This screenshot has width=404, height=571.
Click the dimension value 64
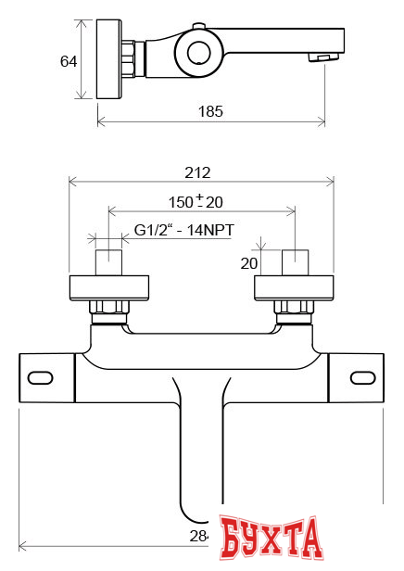(68, 61)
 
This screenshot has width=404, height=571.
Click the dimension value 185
(211, 111)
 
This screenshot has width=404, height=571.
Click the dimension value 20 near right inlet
(249, 262)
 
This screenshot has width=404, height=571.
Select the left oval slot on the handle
(42, 378)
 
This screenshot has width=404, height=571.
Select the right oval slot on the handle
(360, 378)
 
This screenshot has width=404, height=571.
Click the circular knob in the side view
(198, 52)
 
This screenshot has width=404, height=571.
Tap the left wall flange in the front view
(108, 286)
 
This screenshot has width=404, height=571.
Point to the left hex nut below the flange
(108, 309)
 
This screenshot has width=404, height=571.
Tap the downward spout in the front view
(201, 445)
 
